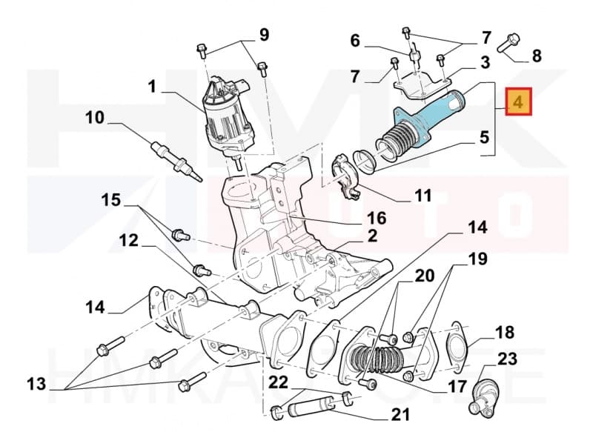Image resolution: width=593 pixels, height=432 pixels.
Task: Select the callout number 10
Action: [x=94, y=117]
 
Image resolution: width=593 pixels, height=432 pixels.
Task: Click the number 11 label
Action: [x=423, y=196]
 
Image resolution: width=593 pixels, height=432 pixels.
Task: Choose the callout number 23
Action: [x=508, y=360]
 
